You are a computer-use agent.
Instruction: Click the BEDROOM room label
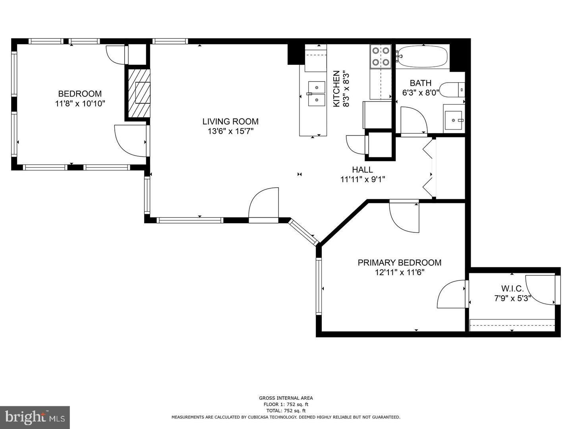pos(80,94)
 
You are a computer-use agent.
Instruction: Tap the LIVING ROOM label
pos(230,122)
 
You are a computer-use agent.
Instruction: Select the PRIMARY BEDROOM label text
pos(399,263)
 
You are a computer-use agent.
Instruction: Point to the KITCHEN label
pos(336,89)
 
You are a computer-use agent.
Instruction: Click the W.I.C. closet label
pos(512,289)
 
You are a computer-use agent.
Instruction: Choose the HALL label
pos(362,170)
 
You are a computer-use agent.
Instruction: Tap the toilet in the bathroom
pos(452,89)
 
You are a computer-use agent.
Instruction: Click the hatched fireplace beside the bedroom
pos(139,93)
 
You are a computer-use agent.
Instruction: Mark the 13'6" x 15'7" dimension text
pos(230,131)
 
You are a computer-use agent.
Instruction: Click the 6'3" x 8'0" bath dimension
pos(420,93)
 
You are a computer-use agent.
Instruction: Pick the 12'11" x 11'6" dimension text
pos(399,272)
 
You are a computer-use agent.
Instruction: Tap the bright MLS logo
pos(35,417)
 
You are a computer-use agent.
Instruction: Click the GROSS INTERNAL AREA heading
pos(286,398)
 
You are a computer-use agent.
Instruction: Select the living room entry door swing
pos(263,203)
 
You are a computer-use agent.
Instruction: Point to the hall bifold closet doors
pos(428,167)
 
